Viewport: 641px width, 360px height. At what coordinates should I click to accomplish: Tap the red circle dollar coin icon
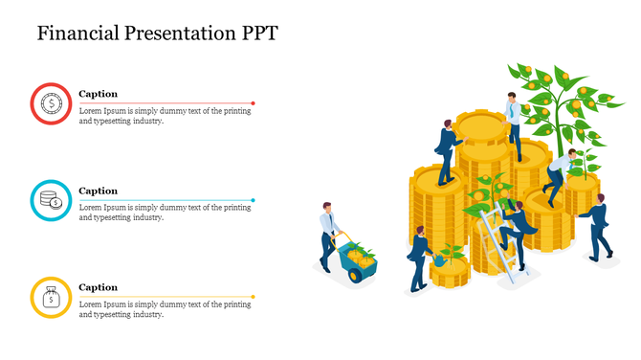pos(51,103)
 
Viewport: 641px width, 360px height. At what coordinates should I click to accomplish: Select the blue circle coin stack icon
pos(51,200)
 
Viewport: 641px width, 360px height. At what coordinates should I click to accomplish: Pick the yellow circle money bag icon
pos(51,297)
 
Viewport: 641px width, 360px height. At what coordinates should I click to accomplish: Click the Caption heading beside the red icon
pos(98,94)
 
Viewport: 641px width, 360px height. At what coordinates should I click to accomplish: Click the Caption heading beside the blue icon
pos(98,191)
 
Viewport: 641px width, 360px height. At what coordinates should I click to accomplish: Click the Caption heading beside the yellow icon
pos(98,287)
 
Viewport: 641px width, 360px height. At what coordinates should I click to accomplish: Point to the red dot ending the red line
pos(254,103)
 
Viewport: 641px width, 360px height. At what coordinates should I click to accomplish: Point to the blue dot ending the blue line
pos(254,200)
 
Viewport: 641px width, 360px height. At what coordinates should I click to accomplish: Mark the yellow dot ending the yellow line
pos(254,297)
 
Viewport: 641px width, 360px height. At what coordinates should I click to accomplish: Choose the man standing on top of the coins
pos(514,120)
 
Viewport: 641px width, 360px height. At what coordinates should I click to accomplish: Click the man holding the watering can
pos(418,257)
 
